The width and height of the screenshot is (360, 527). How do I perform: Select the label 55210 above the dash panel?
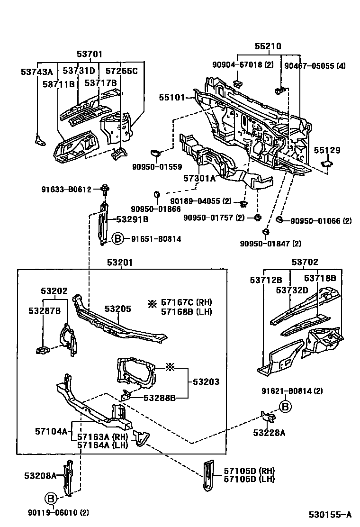[x=268, y=46]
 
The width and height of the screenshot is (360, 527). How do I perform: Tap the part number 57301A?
[x=199, y=178]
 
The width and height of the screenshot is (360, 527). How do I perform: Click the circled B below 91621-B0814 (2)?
[x=284, y=406]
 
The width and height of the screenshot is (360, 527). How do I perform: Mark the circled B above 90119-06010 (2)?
[x=51, y=498]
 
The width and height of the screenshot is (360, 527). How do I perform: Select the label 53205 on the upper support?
[x=117, y=309]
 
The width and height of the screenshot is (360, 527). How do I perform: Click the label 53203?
[x=206, y=382]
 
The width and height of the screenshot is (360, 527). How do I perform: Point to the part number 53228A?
[x=269, y=432]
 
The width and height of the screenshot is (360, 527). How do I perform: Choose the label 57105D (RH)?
[x=249, y=470]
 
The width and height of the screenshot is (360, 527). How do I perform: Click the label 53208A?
[x=40, y=475]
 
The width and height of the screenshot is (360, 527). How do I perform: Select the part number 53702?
[x=305, y=262]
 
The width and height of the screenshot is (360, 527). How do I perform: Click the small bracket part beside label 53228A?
[x=269, y=418]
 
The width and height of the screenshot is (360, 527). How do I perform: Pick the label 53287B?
[x=44, y=310]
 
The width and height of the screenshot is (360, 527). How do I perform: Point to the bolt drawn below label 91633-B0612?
[x=105, y=191]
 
